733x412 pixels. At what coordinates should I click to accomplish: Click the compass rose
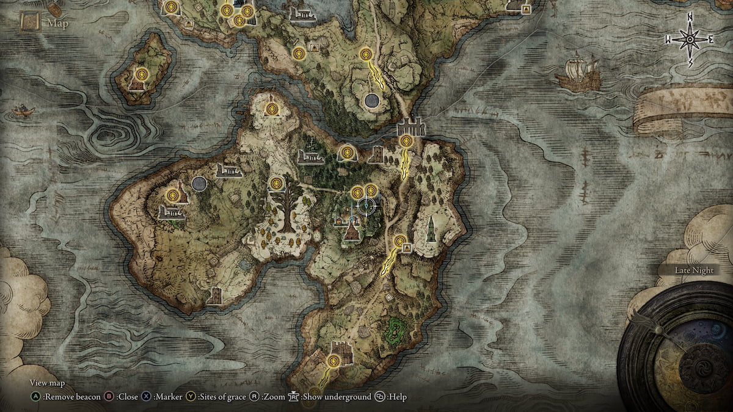(x=690, y=40)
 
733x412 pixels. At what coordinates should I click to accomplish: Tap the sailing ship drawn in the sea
(x=578, y=74)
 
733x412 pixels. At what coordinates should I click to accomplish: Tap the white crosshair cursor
(x=366, y=206)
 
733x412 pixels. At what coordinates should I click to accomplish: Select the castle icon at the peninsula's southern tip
(x=339, y=351)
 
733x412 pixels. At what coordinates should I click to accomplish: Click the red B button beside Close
(x=109, y=397)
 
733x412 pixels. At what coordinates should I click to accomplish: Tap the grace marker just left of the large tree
(x=277, y=183)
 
